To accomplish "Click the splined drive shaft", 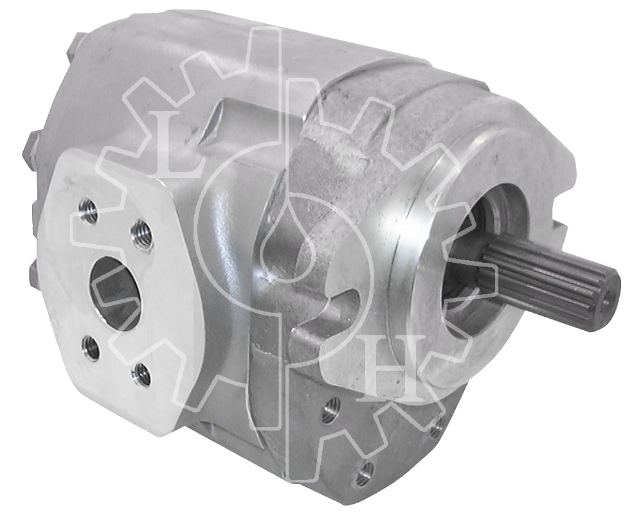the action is pyautogui.click(x=550, y=278).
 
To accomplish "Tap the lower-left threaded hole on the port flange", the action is pyautogui.click(x=91, y=348).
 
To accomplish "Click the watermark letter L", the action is pyautogui.click(x=178, y=144).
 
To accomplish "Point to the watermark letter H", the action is pyautogui.click(x=393, y=368).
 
